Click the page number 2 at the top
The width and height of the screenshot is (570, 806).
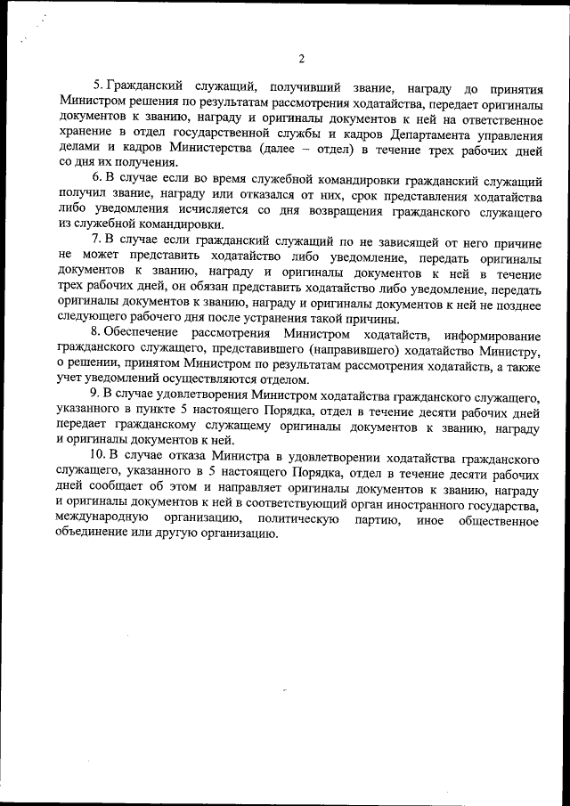pyautogui.click(x=301, y=59)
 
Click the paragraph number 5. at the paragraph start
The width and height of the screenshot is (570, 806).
pyautogui.click(x=98, y=86)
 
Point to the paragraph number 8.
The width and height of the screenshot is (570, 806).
pyautogui.click(x=98, y=334)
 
